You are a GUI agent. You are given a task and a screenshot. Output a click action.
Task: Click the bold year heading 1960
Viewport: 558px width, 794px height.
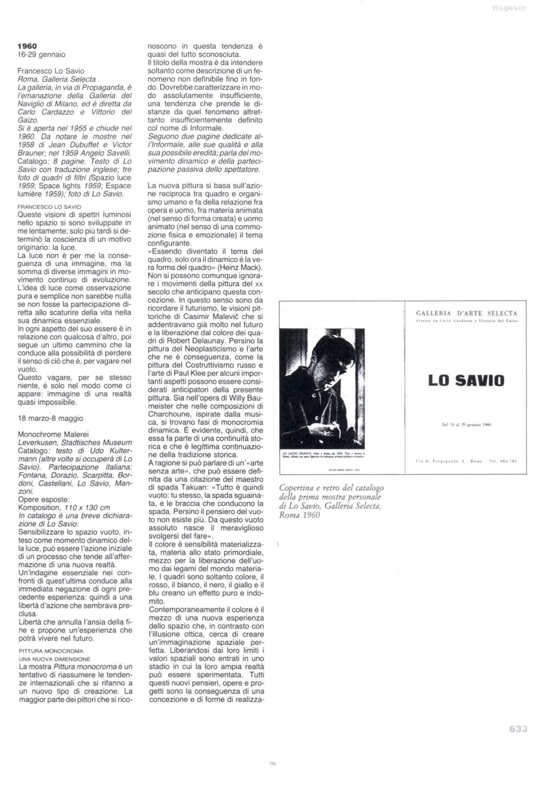point(27,46)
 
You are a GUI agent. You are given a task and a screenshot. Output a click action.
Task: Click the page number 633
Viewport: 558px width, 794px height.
point(518,729)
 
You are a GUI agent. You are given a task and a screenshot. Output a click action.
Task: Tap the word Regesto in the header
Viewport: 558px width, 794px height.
point(509,8)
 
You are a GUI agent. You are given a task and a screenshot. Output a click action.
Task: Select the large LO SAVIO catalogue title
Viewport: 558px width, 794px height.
point(466,381)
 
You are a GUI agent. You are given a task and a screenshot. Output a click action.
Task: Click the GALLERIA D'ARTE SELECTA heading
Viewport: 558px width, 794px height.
point(466,313)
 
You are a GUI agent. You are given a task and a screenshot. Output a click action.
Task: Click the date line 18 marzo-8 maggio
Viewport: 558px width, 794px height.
point(50,418)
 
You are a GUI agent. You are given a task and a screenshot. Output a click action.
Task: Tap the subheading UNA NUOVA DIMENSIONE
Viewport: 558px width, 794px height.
point(54,659)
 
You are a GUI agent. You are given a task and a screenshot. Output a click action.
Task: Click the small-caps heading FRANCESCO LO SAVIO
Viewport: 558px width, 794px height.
point(50,206)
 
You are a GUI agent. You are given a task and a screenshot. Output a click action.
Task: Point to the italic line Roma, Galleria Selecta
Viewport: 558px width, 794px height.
point(57,79)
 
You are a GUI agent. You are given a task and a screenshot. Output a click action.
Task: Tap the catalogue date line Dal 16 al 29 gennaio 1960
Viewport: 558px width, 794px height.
point(466,424)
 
